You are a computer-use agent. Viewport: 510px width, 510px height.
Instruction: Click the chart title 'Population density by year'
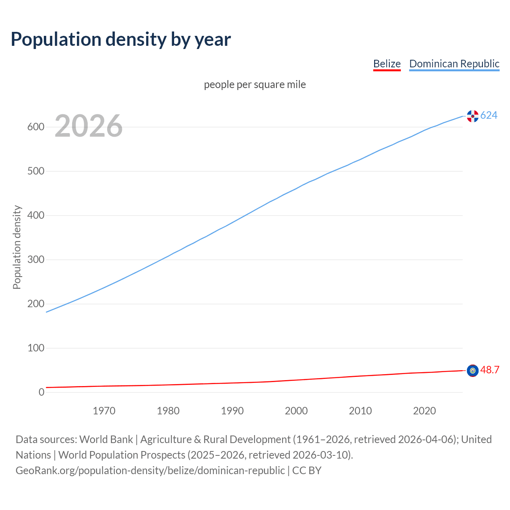pos(121,39)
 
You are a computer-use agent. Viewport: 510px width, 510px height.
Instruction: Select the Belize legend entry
pos(386,64)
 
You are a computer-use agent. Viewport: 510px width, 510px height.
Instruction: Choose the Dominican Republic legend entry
pos(454,64)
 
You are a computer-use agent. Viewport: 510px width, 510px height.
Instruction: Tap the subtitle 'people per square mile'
pos(255,84)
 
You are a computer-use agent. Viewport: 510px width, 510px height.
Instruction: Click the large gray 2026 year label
pos(88,126)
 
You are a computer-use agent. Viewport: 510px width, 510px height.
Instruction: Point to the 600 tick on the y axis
pos(35,127)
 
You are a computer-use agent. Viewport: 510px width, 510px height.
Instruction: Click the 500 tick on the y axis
pos(35,171)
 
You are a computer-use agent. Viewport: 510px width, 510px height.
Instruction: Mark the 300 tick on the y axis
pos(35,260)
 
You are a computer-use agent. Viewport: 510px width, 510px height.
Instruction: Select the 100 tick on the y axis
pos(35,348)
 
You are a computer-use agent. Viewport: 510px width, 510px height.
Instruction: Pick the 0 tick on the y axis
pos(41,392)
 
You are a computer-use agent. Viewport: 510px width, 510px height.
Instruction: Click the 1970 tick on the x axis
pos(104,411)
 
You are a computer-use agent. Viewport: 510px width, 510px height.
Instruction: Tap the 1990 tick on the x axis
pos(232,411)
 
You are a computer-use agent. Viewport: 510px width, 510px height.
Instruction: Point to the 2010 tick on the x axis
pos(360,411)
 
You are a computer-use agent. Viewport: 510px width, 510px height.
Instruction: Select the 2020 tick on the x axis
pos(424,411)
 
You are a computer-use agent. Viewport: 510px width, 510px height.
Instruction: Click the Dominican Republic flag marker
pos(473,116)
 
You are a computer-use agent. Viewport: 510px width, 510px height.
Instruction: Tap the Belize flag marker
pos(473,371)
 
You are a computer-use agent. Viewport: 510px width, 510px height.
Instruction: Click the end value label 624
pos(489,116)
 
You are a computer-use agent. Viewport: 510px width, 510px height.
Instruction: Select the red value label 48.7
pos(490,370)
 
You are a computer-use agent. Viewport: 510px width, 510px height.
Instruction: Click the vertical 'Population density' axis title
pos(17,247)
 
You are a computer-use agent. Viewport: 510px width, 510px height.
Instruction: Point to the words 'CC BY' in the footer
pos(307,471)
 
